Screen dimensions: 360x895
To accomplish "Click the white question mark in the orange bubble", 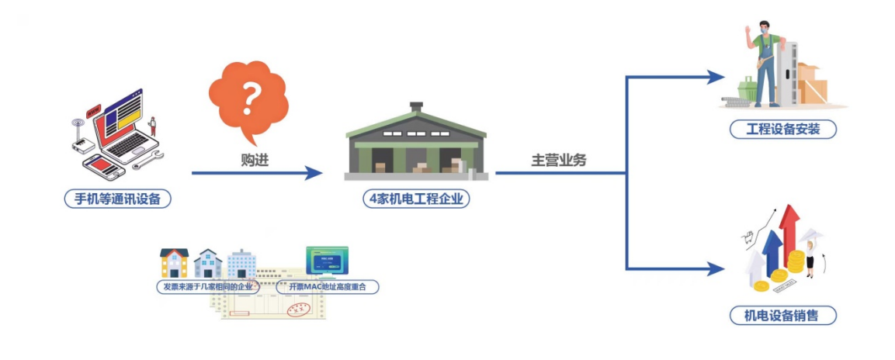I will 248,98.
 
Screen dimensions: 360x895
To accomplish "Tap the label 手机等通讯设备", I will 117,199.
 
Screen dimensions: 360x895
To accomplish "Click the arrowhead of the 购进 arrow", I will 314,173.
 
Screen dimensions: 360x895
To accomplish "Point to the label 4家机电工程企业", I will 416,199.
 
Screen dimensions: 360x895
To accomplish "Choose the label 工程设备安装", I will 783,129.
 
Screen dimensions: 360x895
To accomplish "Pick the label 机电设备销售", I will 784,315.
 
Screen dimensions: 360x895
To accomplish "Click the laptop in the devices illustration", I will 124,124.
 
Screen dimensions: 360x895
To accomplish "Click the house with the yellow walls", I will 174,263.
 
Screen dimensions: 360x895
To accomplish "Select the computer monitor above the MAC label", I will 327,260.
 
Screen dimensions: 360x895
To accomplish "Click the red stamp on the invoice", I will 299,310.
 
